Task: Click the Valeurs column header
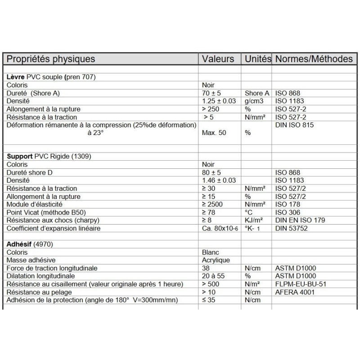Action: [218, 59]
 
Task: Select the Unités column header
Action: [257, 59]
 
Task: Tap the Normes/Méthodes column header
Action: [314, 59]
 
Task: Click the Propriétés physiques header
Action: [51, 59]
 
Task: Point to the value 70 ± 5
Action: [212, 93]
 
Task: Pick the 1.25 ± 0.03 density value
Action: [219, 101]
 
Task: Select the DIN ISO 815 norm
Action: [294, 125]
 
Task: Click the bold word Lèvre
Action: [15, 77]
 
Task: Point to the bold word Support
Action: [19, 157]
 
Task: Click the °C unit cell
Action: [248, 212]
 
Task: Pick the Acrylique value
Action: [216, 260]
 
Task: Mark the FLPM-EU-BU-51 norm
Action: [300, 284]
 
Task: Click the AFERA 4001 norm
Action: [295, 292]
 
